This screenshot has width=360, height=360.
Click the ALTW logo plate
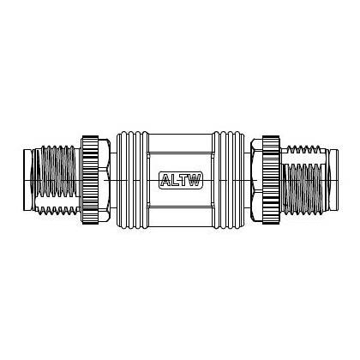coord(180,180)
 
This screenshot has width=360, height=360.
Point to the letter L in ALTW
coord(176,180)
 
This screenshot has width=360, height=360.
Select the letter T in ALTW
coord(184,180)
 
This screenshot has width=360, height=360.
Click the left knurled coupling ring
coord(90,180)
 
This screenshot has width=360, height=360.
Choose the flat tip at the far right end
coord(336,180)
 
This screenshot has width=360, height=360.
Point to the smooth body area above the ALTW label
coord(180,150)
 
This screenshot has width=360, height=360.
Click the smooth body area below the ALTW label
coord(180,210)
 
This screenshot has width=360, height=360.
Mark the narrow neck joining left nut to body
coord(113,180)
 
